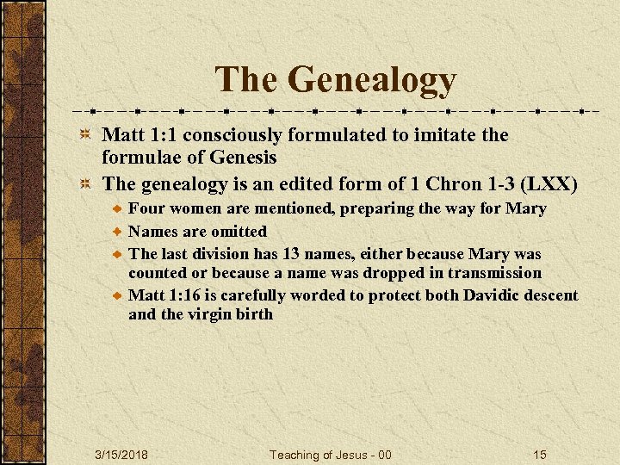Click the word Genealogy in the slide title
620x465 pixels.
[x=372, y=80]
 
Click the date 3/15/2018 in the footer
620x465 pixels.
[x=121, y=455]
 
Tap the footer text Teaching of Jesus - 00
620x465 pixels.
[x=331, y=455]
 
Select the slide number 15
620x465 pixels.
[x=540, y=455]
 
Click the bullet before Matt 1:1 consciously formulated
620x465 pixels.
[x=85, y=135]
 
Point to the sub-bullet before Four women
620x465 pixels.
[x=116, y=209]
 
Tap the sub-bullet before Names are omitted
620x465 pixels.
[x=116, y=232]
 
